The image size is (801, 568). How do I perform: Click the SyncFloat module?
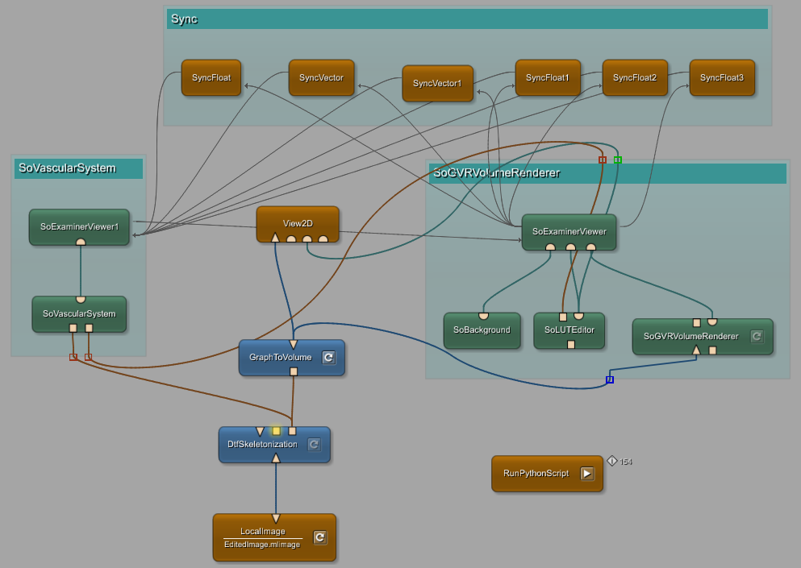click(x=211, y=78)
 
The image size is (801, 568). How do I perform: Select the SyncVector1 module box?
click(x=437, y=83)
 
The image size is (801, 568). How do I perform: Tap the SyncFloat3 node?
click(x=722, y=78)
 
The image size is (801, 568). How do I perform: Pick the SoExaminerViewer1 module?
click(x=79, y=226)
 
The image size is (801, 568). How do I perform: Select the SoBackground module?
click(x=482, y=330)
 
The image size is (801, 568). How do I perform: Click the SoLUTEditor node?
click(x=569, y=330)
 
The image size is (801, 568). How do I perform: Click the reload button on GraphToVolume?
click(x=328, y=358)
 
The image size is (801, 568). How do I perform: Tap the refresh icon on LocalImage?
click(x=319, y=537)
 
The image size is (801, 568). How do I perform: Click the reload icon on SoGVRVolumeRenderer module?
click(x=757, y=337)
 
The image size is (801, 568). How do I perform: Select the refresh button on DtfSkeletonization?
click(x=314, y=445)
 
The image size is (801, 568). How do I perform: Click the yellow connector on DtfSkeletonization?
click(x=276, y=431)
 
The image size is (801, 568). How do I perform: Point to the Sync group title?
click(x=184, y=19)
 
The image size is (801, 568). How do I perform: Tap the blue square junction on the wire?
click(x=610, y=379)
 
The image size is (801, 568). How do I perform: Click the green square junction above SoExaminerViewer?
click(x=618, y=160)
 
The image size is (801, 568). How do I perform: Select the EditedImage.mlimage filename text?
click(x=262, y=545)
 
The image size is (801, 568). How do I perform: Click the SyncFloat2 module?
click(x=635, y=78)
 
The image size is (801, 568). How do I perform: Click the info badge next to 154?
click(x=612, y=461)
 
